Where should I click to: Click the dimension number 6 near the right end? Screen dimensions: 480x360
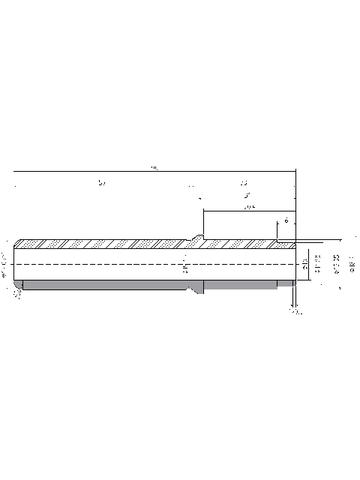286,221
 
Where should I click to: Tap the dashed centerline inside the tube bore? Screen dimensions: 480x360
112,264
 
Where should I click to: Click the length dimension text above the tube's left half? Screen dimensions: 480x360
102,182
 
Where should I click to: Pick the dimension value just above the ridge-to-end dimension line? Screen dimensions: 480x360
247,205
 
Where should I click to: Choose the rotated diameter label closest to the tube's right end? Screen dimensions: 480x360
305,263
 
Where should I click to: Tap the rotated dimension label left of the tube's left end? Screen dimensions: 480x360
5,265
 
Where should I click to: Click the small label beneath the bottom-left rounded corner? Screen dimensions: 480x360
18,295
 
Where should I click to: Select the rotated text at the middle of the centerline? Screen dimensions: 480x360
185,263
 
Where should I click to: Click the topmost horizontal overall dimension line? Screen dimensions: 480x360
154,173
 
